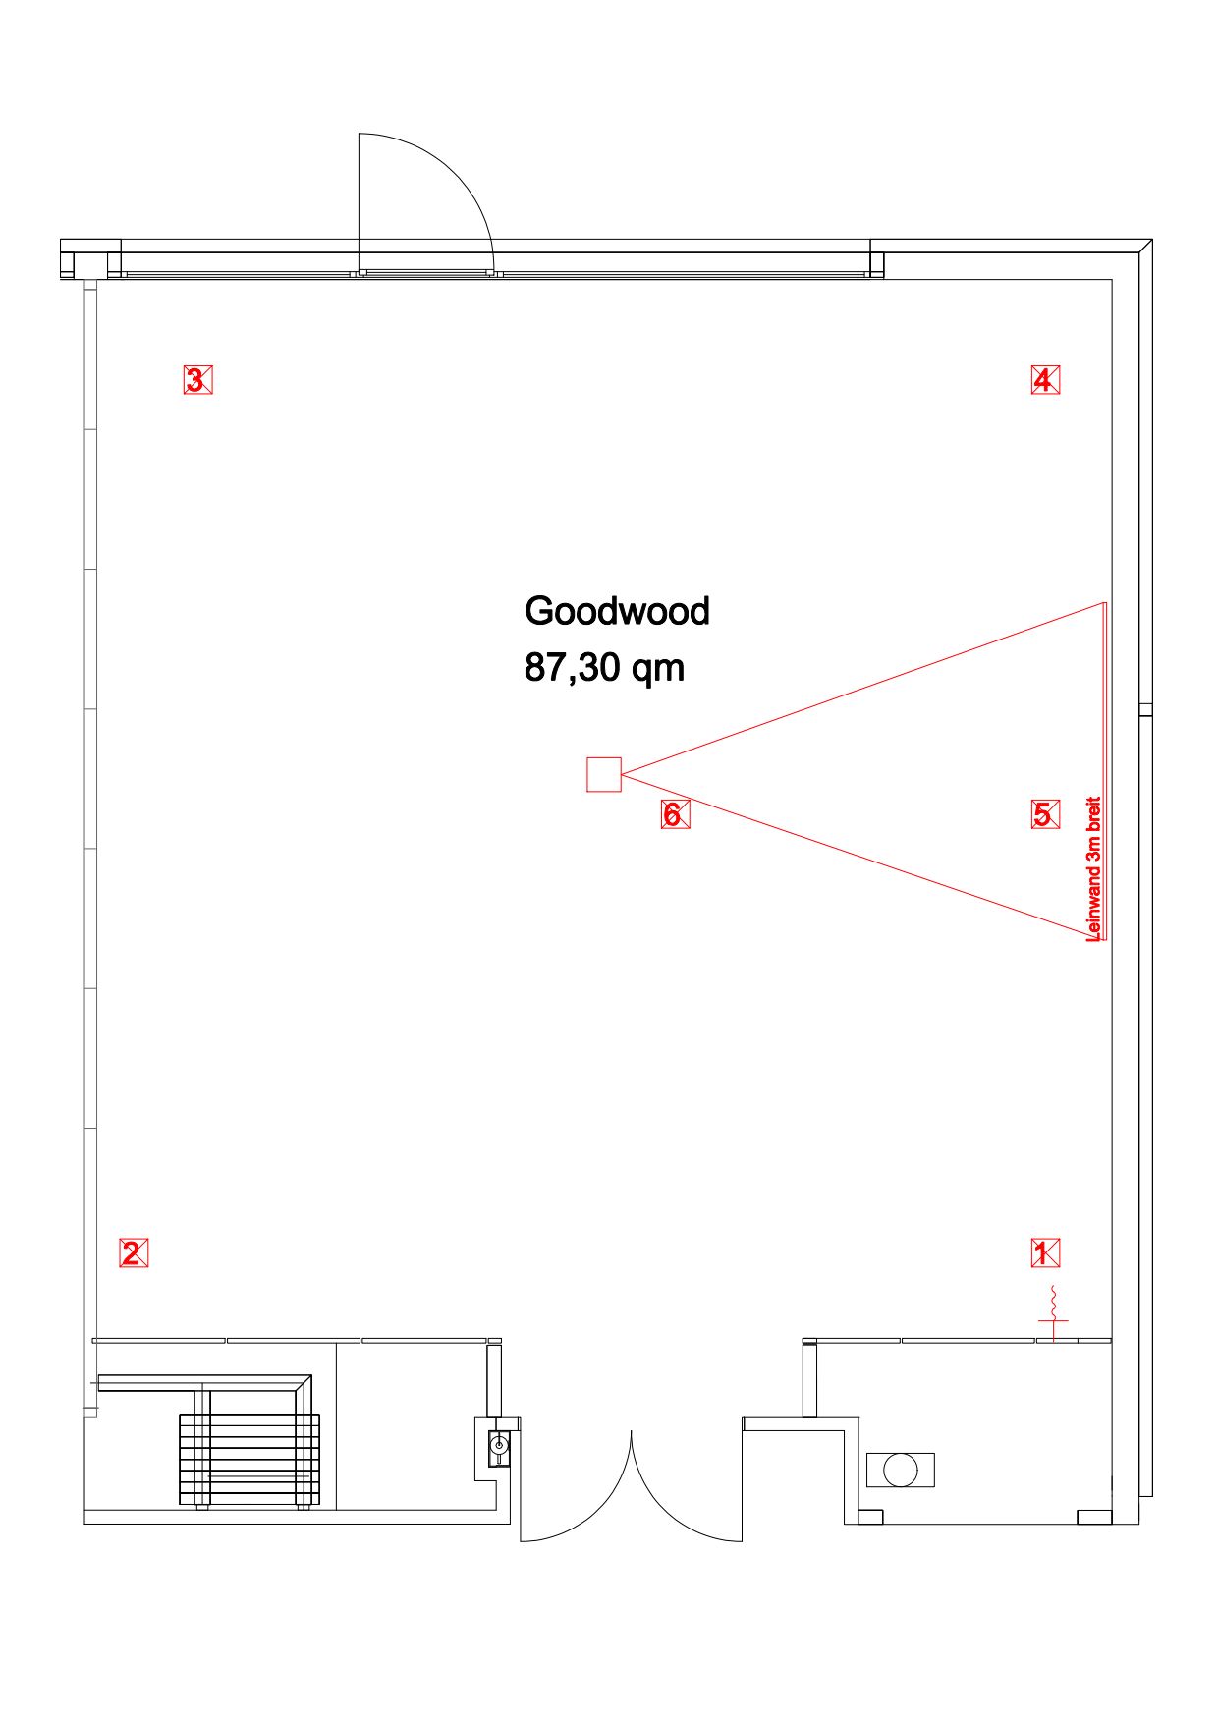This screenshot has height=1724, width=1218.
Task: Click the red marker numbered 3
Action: coord(197,379)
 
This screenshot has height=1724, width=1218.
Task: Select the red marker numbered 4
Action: coord(1045,379)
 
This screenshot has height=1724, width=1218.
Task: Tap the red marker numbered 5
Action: coord(1045,814)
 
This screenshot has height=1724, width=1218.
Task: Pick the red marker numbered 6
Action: coord(675,814)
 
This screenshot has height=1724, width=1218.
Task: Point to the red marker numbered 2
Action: coord(134,1253)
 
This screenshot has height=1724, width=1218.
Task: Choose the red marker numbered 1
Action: coord(1045,1252)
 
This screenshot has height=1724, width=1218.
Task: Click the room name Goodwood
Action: coord(617,611)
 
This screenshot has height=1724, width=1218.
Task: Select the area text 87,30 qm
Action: coord(604,668)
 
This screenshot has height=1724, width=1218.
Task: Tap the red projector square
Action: coord(604,774)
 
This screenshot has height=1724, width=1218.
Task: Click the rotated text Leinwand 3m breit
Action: coord(1093,869)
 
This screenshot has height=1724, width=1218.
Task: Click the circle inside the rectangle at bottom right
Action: coord(901,1470)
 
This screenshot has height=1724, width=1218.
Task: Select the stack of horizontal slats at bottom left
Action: coord(249,1459)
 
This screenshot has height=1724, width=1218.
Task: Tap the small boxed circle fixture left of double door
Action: coord(500,1445)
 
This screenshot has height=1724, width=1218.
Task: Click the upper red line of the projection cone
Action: coord(863,689)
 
